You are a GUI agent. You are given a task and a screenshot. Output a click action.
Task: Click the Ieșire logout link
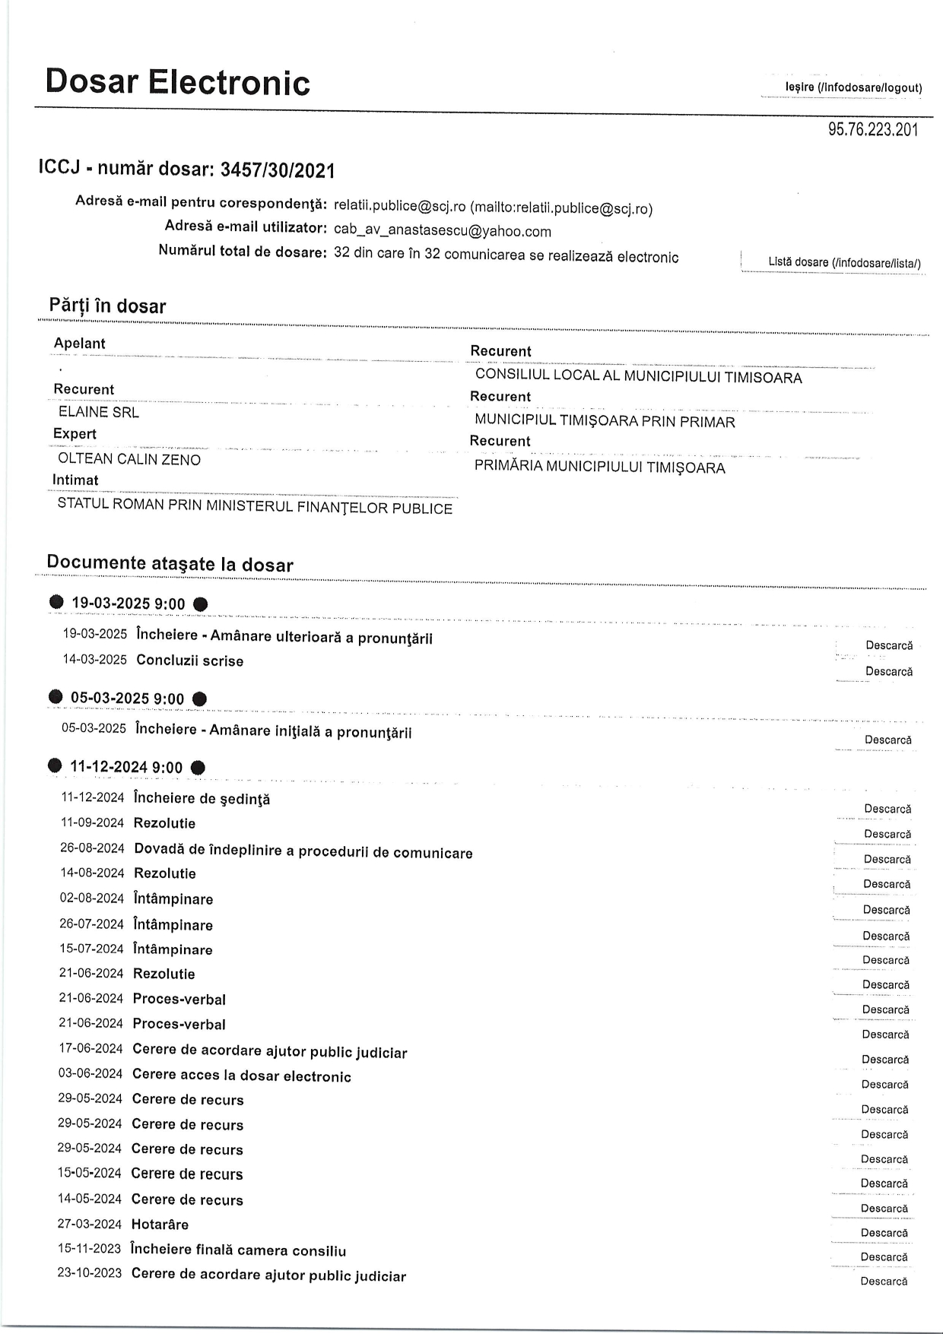pos(853,88)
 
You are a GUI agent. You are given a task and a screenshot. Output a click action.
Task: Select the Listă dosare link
pos(844,263)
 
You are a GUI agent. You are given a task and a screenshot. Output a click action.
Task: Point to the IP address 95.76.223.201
pos(873,130)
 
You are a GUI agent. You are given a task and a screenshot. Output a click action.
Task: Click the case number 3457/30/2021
pos(278,170)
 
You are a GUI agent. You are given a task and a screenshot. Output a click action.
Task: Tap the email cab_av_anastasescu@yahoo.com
pos(442,231)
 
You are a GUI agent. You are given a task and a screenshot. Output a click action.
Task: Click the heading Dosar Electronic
pos(178,82)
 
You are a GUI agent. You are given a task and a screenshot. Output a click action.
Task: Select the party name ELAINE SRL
pos(99,413)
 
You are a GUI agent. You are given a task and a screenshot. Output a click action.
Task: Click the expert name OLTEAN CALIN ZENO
pos(129,459)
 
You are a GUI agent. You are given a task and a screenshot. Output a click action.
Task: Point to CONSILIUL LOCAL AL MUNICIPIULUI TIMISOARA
pos(638,377)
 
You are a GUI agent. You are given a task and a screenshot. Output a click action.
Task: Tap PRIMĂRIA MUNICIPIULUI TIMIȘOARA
pos(599,467)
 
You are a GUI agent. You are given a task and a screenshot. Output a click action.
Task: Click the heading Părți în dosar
pos(107,306)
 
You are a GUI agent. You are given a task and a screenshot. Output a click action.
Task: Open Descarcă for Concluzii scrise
pos(888,672)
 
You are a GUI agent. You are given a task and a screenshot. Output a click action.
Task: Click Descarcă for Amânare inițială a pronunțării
pos(887,740)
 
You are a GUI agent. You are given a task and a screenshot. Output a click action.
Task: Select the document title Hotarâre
pos(160,1225)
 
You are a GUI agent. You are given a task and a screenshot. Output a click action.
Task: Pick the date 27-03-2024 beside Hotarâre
pos(89,1224)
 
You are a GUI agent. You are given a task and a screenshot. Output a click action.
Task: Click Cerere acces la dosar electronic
pos(241,1076)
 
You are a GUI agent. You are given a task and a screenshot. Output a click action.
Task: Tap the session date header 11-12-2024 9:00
pos(126,768)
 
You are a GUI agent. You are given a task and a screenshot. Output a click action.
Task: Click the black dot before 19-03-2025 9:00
pos(56,603)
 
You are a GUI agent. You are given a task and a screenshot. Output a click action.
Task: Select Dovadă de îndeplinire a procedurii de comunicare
pos(303,852)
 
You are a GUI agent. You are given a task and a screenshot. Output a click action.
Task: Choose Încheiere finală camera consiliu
pos(238,1250)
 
